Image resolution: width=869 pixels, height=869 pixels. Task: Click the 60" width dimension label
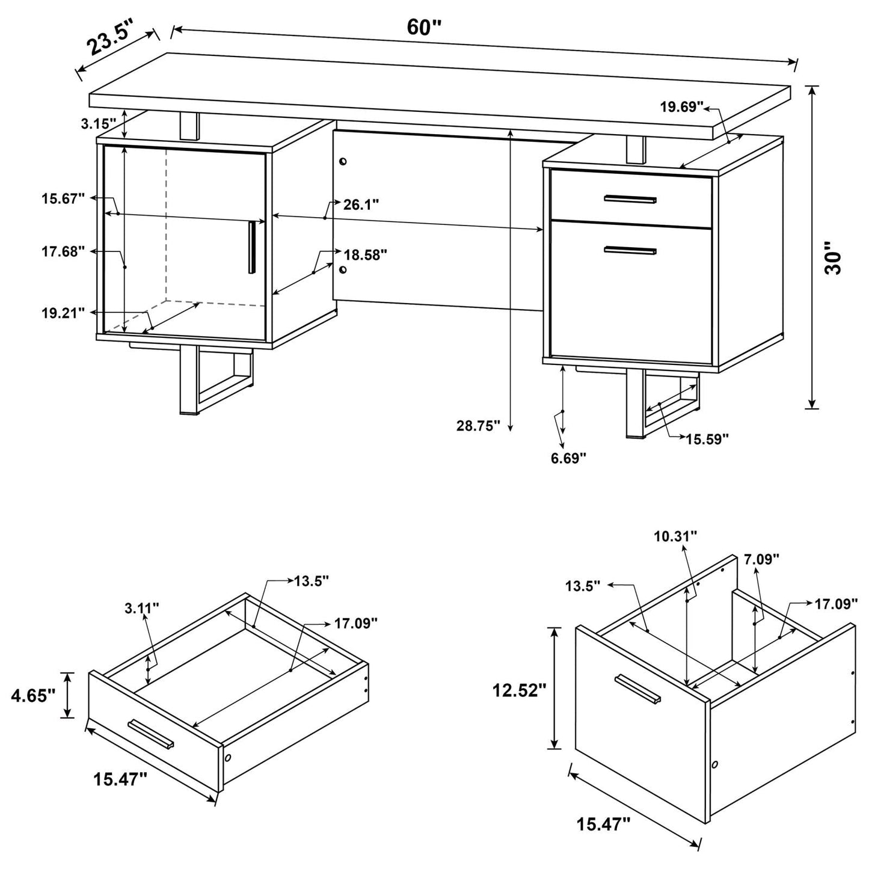click(424, 27)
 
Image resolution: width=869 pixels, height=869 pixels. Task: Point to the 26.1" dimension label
click(361, 204)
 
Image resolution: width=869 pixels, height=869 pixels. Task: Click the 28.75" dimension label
click(478, 426)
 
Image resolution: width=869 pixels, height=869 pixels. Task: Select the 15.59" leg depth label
click(707, 438)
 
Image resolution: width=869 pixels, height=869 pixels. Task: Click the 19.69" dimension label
click(681, 107)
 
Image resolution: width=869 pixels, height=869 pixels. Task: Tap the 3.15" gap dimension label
click(97, 124)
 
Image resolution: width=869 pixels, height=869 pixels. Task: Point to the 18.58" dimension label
click(365, 254)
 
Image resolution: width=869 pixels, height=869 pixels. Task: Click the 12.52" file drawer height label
click(519, 690)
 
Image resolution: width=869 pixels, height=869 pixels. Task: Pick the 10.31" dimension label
click(677, 535)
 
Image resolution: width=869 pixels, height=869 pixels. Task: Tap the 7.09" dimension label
click(761, 559)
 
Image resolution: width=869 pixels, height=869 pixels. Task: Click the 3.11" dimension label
click(142, 607)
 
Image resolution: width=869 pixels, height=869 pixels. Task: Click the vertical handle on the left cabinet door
click(251, 247)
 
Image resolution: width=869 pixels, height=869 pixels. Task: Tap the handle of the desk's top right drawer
click(630, 199)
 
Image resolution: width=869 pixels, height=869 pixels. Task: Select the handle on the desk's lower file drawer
click(630, 251)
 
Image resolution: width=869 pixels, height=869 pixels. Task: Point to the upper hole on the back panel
click(343, 162)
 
